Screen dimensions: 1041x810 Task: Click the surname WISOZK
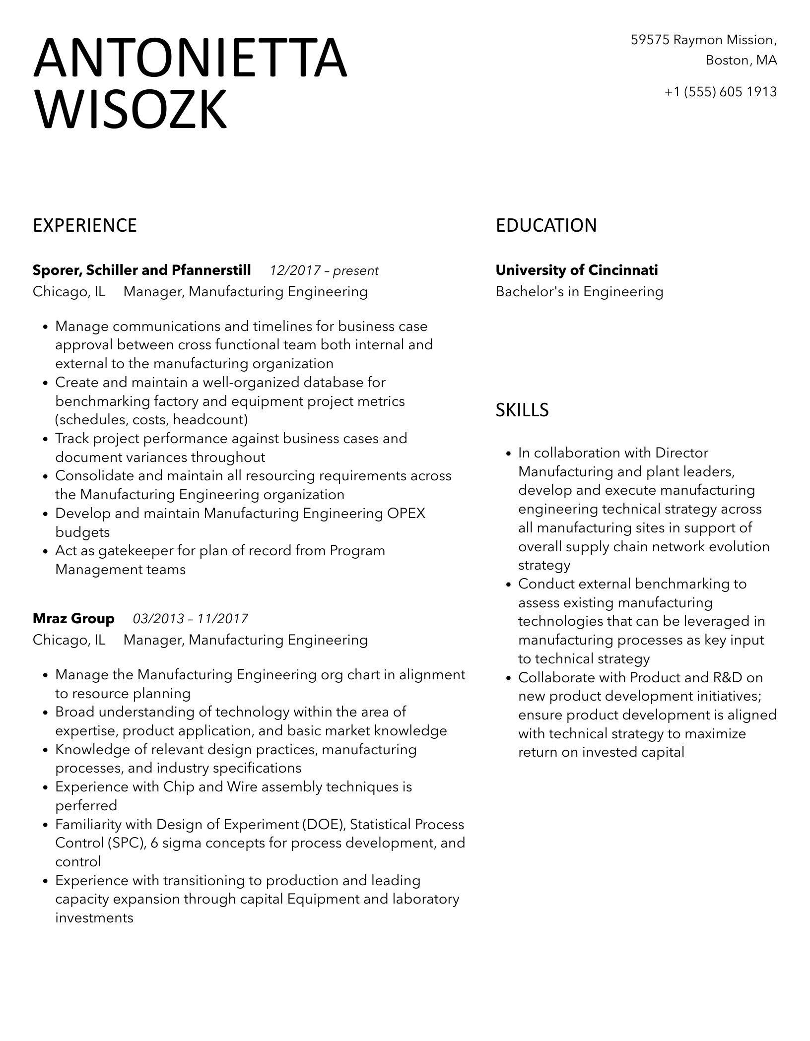[130, 109]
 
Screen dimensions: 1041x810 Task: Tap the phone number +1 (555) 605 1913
[721, 92]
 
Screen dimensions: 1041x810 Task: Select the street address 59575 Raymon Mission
[703, 40]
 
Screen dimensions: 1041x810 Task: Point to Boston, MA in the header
[741, 61]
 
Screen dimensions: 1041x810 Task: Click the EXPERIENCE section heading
[85, 226]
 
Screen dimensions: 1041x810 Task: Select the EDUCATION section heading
[546, 226]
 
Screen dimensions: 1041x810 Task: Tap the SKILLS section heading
[522, 410]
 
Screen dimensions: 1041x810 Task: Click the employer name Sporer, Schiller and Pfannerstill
[142, 270]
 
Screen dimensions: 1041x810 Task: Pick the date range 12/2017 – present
[324, 271]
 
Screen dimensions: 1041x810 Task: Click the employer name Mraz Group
[73, 619]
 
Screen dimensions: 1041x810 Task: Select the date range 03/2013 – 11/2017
[191, 619]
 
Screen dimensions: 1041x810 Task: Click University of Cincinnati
[577, 270]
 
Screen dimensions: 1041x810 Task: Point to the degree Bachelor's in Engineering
[579, 292]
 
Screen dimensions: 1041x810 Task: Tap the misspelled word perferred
[86, 806]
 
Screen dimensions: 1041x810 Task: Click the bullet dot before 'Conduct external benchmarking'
[508, 585]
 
